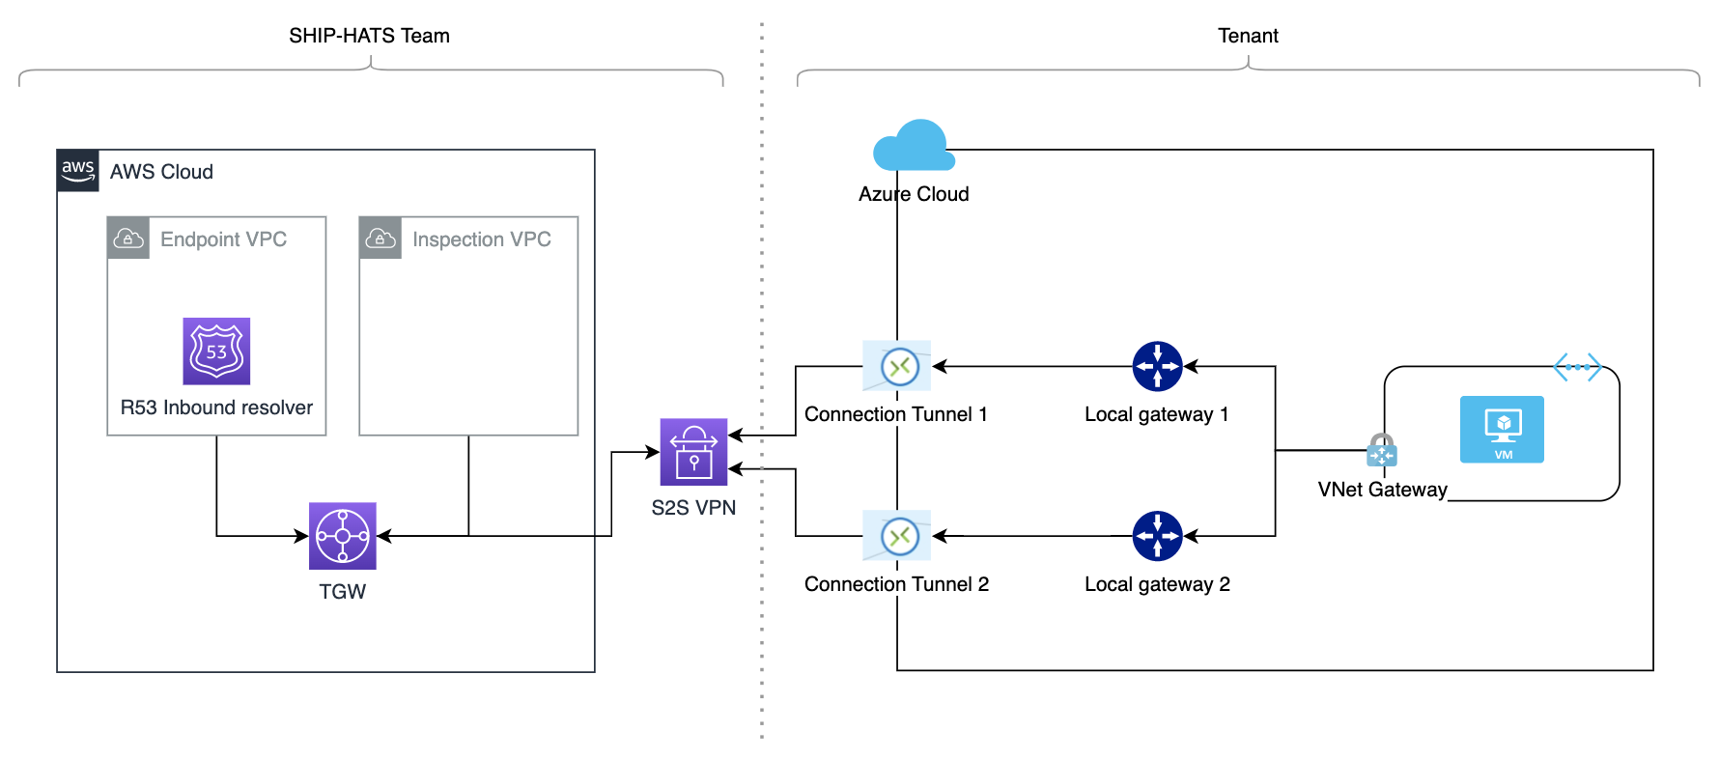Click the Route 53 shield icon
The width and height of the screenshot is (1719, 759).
216,351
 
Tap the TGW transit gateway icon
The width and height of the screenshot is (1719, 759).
343,536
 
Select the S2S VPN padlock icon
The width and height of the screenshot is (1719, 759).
693,452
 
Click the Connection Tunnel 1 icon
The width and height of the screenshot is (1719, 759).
897,366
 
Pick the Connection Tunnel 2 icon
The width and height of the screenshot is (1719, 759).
897,536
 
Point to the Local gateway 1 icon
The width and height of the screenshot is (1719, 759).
1157,366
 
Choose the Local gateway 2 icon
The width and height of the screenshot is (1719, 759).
1157,536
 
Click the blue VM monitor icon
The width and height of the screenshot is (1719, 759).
1502,430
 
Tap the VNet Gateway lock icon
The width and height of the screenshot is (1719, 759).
1382,450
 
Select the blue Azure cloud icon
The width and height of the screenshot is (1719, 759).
914,146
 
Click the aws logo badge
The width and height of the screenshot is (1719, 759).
78,171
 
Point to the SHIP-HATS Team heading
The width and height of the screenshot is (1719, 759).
369,36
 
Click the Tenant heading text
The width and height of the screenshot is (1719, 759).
1248,36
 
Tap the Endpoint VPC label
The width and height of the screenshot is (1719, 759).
223,239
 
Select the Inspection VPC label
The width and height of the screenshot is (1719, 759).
481,239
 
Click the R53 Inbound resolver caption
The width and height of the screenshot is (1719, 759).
216,408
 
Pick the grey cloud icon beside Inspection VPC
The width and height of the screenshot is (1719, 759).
380,239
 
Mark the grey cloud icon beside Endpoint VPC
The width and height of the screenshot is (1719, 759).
128,239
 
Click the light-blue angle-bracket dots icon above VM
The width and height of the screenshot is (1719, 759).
1577,367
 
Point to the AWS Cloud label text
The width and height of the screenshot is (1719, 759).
161,172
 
